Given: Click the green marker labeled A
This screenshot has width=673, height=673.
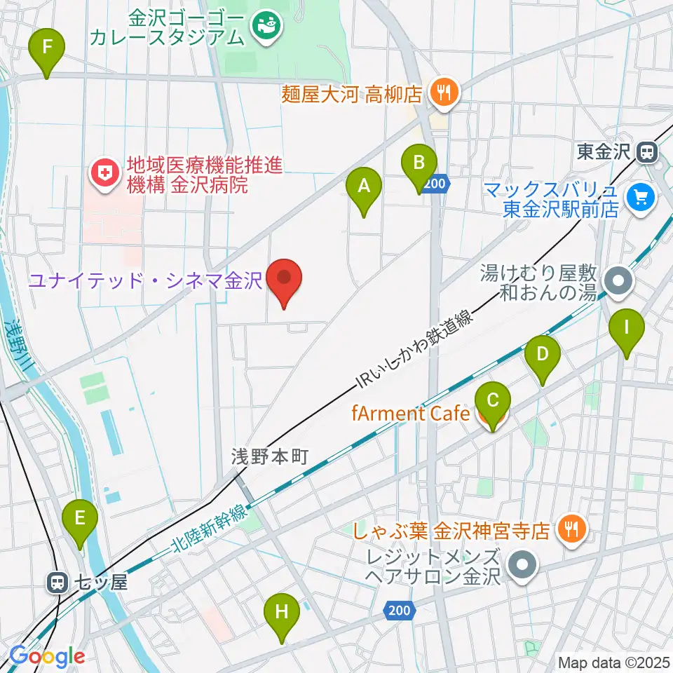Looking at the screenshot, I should [364, 186].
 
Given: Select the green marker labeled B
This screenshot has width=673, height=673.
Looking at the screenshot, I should [419, 164].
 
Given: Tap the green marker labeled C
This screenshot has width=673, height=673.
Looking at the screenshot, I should [492, 402].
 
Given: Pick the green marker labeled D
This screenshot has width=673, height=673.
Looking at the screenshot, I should [542, 355].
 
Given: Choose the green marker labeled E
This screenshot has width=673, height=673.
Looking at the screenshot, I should [80, 519].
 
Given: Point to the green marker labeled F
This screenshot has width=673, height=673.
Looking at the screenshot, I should [47, 48].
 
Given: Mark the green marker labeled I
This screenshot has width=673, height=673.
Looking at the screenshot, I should [627, 327].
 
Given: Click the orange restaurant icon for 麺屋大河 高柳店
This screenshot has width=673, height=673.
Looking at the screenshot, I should [443, 92].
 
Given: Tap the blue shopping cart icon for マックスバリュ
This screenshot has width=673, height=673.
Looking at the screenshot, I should [640, 198].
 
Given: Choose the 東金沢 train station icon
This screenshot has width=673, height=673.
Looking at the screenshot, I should [646, 151].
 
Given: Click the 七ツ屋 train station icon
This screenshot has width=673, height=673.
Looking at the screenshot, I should [57, 582].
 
